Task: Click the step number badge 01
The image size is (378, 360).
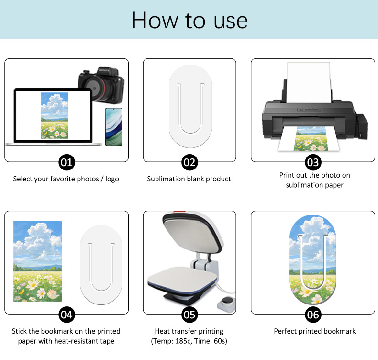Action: click(67, 162)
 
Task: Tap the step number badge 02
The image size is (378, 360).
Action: click(189, 162)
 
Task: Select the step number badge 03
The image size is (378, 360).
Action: click(313, 162)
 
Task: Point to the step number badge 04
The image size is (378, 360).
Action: click(67, 315)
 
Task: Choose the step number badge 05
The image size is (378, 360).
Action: click(189, 315)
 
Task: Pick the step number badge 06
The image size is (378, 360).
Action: click(313, 315)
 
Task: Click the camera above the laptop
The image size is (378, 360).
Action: click(101, 84)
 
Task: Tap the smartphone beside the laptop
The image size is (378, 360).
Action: click(114, 127)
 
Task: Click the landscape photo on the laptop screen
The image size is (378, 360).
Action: click(55, 115)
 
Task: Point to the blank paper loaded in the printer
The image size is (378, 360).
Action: click(309, 82)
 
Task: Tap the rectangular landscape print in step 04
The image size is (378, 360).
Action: click(38, 261)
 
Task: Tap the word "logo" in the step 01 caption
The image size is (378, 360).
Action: click(112, 179)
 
